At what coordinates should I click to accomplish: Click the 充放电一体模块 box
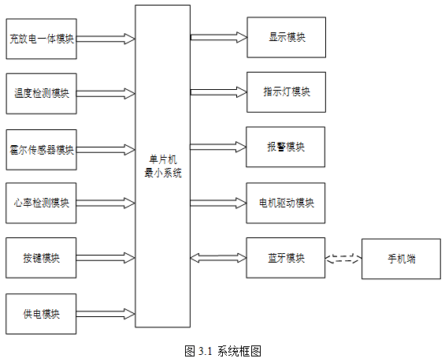pyautogui.click(x=42, y=39)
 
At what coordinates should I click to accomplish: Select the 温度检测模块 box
pyautogui.click(x=42, y=94)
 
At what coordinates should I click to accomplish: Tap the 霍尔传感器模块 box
pyautogui.click(x=42, y=150)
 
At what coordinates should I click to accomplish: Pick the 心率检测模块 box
pyautogui.click(x=41, y=203)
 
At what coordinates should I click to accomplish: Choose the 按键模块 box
pyautogui.click(x=41, y=258)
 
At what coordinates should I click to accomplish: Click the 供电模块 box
pyautogui.click(x=41, y=314)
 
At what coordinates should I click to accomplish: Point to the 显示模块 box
pyautogui.click(x=287, y=37)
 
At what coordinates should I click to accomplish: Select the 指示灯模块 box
pyautogui.click(x=287, y=92)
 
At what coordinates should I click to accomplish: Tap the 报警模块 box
pyautogui.click(x=285, y=147)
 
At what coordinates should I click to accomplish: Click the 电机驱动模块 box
pyautogui.click(x=286, y=203)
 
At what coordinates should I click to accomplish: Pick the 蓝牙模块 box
pyautogui.click(x=286, y=258)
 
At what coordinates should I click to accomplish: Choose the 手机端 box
pyautogui.click(x=402, y=259)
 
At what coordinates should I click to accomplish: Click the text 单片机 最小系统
pyautogui.click(x=163, y=166)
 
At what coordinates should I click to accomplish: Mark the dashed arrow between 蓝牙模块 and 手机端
pyautogui.click(x=343, y=258)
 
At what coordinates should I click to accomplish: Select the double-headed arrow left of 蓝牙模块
pyautogui.click(x=218, y=258)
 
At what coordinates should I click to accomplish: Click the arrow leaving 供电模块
pyautogui.click(x=106, y=314)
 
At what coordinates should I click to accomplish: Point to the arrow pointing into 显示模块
pyautogui.click(x=219, y=37)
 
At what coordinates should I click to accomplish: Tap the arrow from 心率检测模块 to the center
pyautogui.click(x=106, y=203)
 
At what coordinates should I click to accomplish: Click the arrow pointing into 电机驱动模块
pyautogui.click(x=218, y=203)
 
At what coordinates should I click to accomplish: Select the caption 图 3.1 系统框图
pyautogui.click(x=223, y=351)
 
